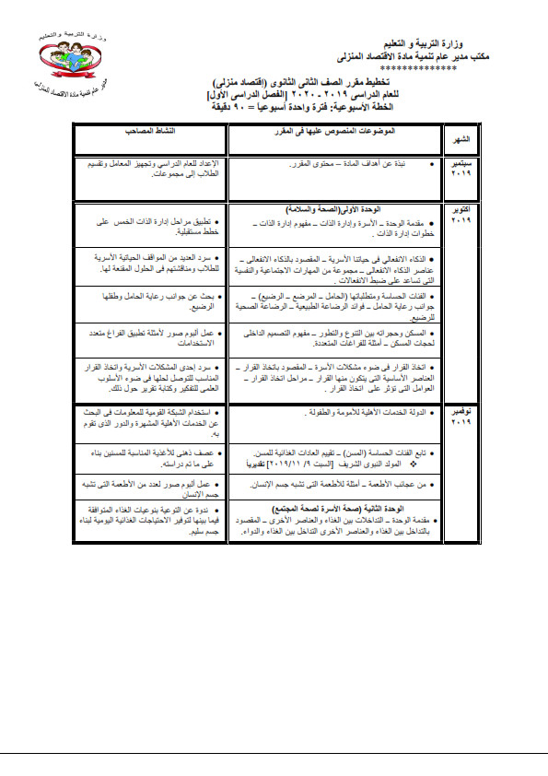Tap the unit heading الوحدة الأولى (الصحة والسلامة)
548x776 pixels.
(350, 210)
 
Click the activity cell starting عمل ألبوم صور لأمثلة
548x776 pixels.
(148, 338)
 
